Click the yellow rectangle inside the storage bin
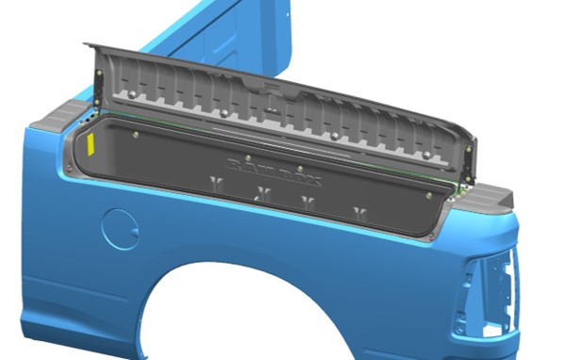click(91, 144)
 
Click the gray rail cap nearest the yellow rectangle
click(54, 119)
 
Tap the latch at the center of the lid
click(270, 94)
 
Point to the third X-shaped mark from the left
click(307, 203)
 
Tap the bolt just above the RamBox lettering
click(247, 156)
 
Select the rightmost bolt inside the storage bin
click(430, 195)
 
